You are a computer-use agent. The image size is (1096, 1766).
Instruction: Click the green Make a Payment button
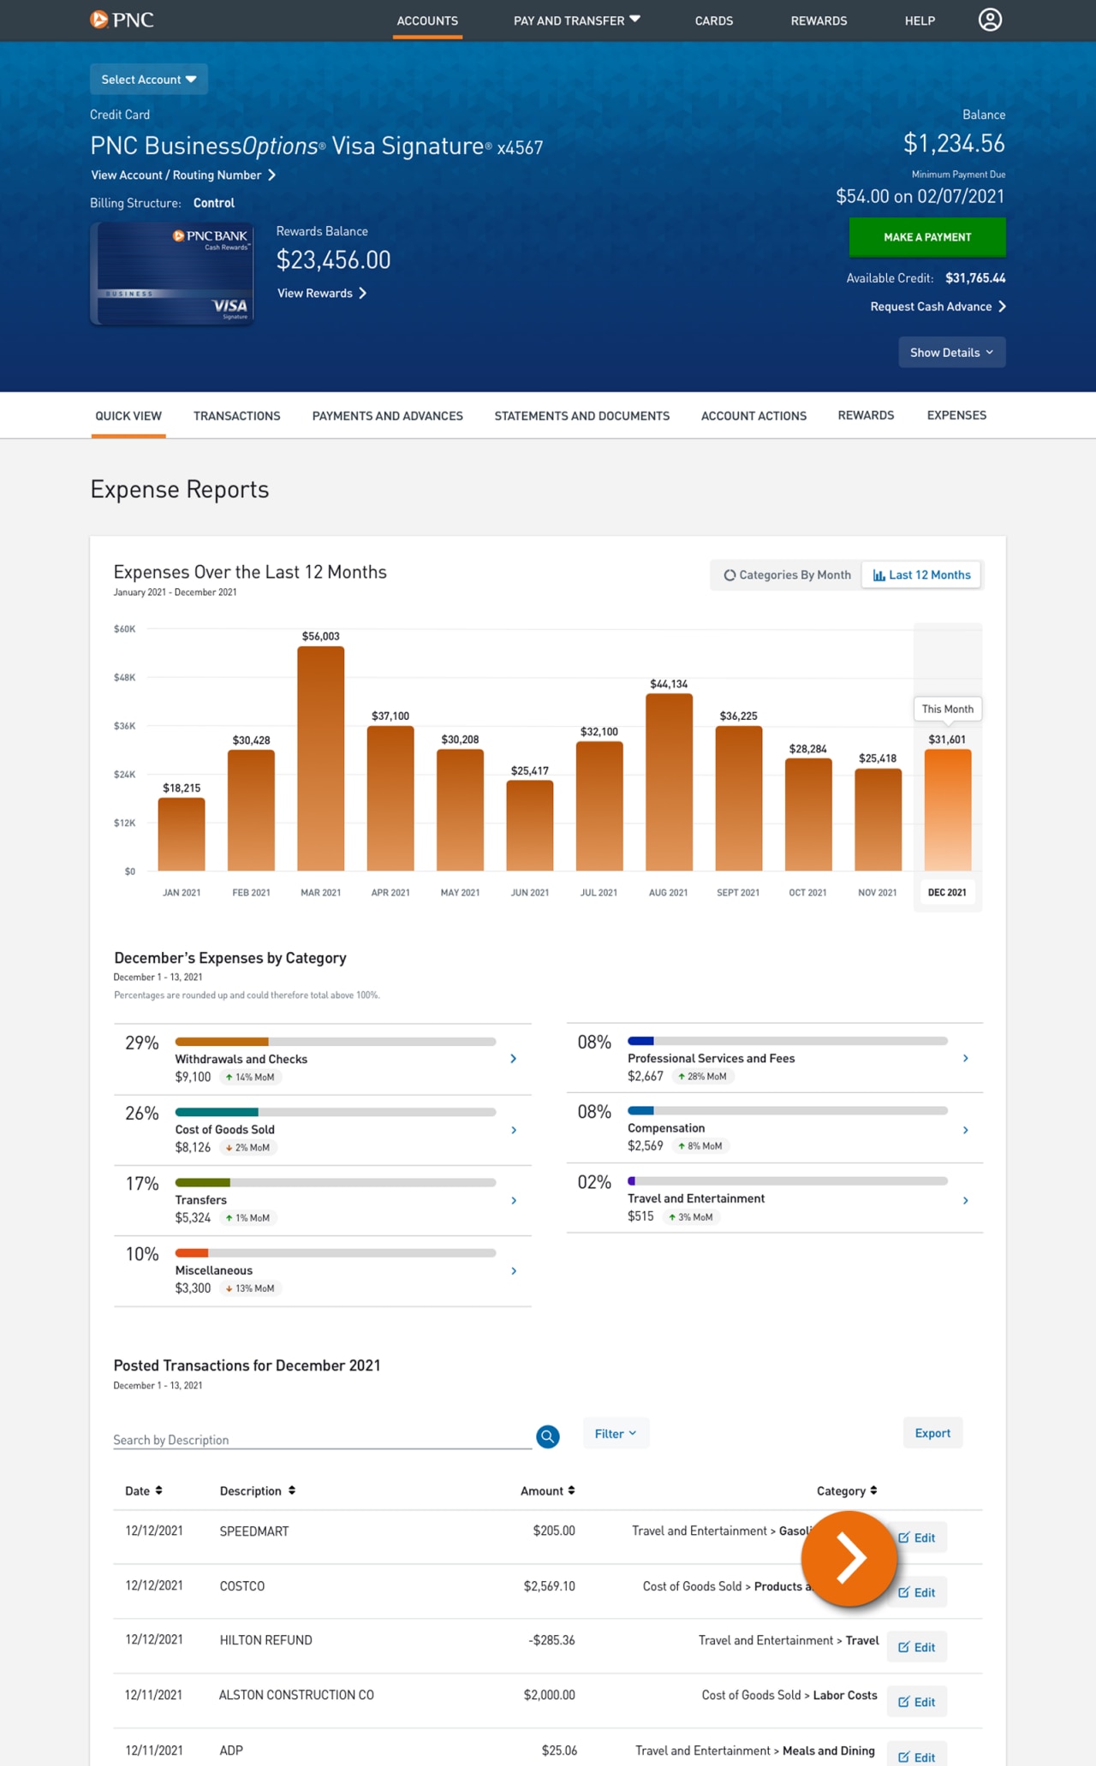click(x=927, y=237)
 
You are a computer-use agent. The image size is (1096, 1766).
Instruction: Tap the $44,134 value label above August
click(x=669, y=684)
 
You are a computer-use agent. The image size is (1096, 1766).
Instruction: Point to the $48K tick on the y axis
click(x=125, y=677)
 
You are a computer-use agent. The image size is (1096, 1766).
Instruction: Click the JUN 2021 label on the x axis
click(x=529, y=892)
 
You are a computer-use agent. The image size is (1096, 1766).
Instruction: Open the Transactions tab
click(x=236, y=416)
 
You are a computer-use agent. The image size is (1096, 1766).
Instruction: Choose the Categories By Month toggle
click(x=788, y=575)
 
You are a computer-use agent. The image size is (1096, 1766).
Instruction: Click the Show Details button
click(x=951, y=353)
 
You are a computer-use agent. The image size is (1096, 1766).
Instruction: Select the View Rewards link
click(x=321, y=293)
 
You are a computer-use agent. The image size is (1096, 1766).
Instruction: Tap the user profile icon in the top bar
click(x=990, y=20)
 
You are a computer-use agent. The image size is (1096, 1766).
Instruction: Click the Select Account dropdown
click(x=149, y=80)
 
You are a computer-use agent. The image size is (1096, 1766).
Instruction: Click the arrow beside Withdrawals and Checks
click(x=514, y=1059)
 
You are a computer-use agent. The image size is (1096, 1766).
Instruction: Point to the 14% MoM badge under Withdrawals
click(x=251, y=1078)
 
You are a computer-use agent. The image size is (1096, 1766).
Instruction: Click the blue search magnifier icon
click(x=548, y=1436)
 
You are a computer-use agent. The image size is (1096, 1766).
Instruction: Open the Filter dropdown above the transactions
click(x=616, y=1434)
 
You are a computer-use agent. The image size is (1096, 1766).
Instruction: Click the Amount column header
click(x=547, y=1490)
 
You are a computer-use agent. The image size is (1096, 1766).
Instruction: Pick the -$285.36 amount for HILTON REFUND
click(x=551, y=1640)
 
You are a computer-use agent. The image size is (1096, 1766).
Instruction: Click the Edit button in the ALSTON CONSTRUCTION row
click(x=916, y=1702)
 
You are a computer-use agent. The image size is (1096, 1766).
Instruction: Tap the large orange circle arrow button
click(x=849, y=1558)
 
